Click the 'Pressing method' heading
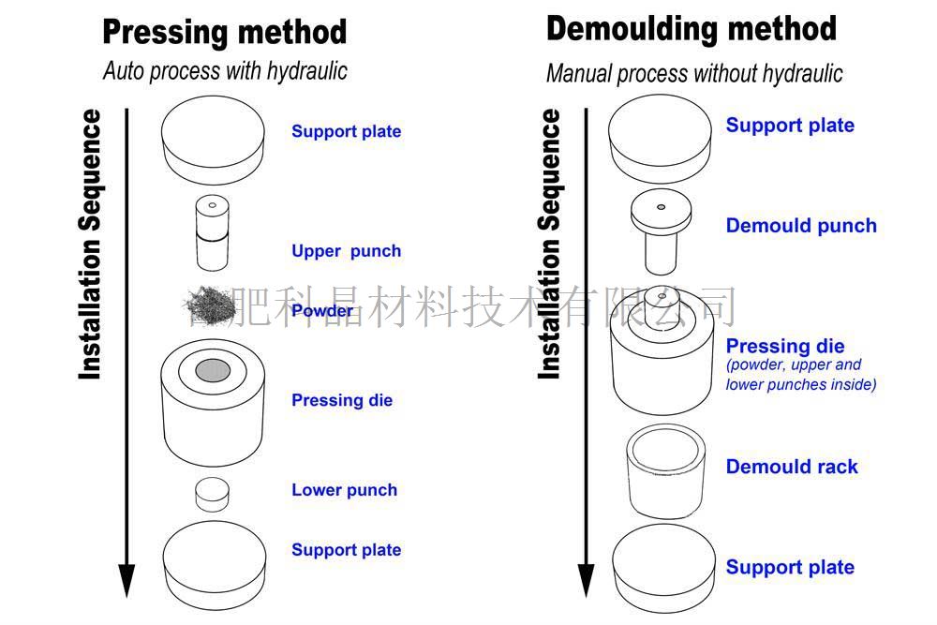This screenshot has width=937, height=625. pos(224,32)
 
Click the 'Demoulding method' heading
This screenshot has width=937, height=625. pos(691,29)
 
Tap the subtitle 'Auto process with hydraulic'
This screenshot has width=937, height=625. pos(225,70)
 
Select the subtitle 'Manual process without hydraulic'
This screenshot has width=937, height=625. pos(694,73)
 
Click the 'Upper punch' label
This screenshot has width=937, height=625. pos(346,251)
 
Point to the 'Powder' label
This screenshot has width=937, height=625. pos(322,311)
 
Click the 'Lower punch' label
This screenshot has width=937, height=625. pos(344,490)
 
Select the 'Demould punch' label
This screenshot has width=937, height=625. pos(801,226)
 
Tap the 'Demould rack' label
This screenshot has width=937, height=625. pos(792,467)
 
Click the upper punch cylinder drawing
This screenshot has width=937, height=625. pos(213,232)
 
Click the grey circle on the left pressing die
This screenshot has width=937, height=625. pos(213,370)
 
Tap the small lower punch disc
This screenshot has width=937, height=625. pos(213,494)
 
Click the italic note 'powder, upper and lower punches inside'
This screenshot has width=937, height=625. pos(801,375)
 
